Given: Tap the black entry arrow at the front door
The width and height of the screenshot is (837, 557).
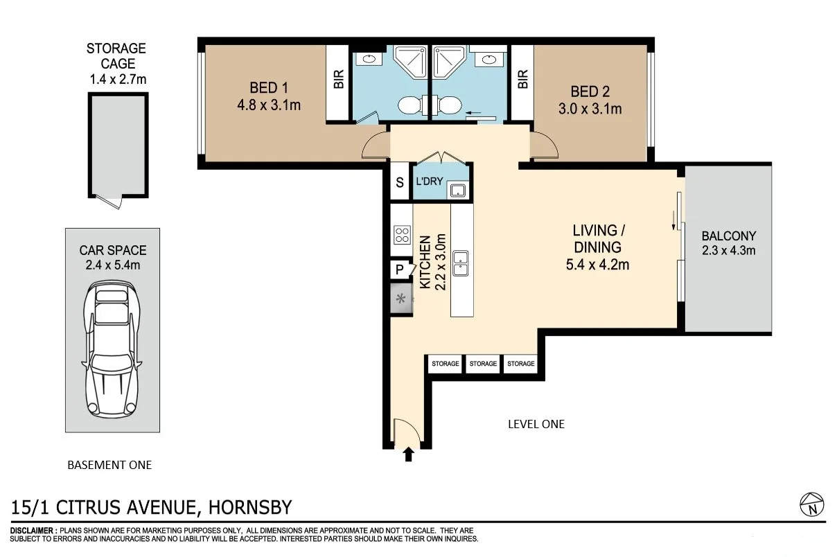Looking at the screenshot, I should [x=408, y=454].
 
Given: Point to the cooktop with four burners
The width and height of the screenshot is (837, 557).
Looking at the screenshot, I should [x=402, y=234].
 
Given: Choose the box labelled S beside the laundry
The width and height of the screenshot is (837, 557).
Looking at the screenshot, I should [x=400, y=183].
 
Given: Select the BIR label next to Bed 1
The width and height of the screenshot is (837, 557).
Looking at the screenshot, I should [x=338, y=80].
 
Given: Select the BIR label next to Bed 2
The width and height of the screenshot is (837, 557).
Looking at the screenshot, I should [x=522, y=80].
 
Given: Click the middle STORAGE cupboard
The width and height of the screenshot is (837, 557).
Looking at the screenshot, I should [x=483, y=364].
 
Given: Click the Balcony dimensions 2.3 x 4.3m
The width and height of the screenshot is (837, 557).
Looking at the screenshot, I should [x=728, y=250].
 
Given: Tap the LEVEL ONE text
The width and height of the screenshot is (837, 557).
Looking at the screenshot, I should [x=536, y=424].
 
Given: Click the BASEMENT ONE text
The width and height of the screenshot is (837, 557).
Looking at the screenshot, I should [x=109, y=465].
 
